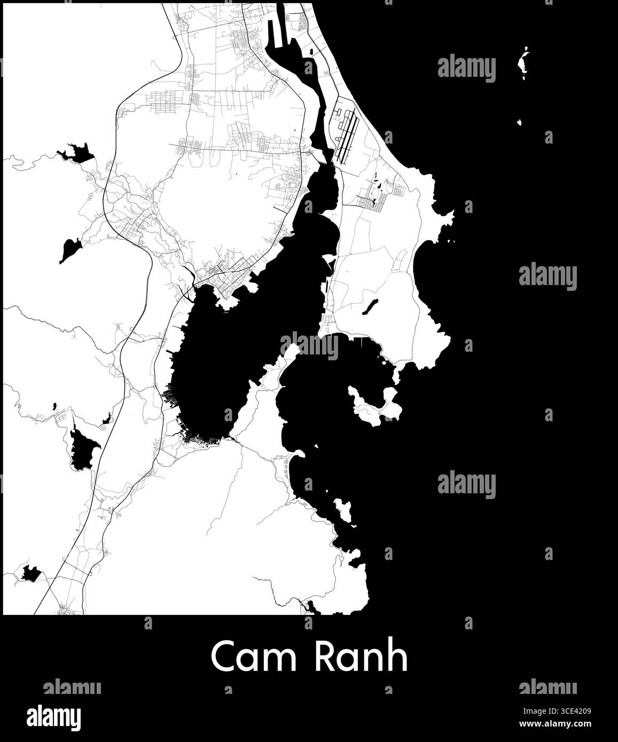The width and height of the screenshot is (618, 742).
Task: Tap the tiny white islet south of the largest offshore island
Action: [519, 123]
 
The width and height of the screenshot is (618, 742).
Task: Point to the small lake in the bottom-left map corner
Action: [29, 574]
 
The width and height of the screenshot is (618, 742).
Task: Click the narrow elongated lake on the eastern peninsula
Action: [370, 306]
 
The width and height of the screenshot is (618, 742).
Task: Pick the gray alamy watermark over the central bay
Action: [309, 346]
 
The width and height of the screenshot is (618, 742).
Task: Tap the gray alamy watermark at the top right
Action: [466, 68]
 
